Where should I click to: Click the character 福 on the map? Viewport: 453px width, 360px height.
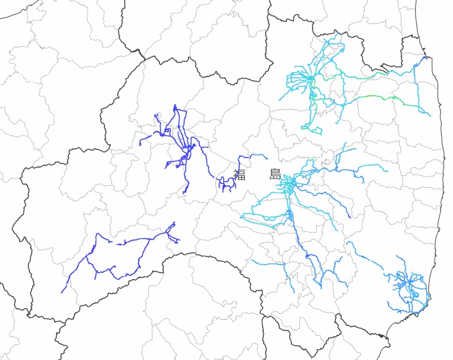tap(239, 175)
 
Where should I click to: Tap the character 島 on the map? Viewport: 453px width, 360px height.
tap(275, 175)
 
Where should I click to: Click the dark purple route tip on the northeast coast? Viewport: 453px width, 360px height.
tap(425, 58)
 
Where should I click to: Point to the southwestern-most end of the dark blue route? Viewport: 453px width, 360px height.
tap(62, 292)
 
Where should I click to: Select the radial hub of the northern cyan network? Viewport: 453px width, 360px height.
tap(311, 79)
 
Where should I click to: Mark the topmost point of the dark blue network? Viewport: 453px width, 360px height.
tap(175, 106)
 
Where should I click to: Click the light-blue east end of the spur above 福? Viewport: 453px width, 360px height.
tap(267, 158)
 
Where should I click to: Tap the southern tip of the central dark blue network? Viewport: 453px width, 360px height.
tap(186, 192)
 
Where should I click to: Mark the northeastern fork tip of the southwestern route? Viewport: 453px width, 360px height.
tap(174, 223)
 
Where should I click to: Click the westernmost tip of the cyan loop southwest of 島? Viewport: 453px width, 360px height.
tap(242, 216)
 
